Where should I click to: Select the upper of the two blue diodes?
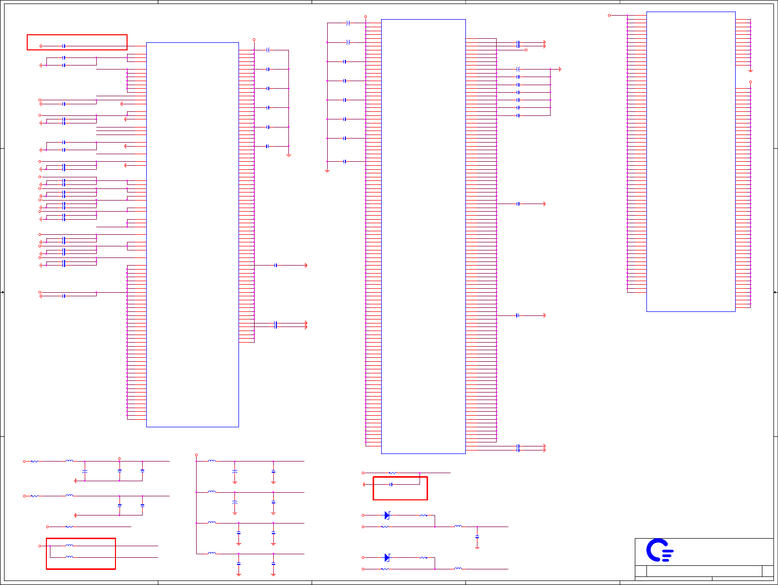point(387,515)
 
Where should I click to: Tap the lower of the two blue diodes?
point(387,557)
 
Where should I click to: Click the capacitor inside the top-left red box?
point(64,46)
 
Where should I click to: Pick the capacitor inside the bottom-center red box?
point(391,485)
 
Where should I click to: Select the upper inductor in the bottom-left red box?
point(69,546)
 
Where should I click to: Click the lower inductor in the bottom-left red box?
point(69,557)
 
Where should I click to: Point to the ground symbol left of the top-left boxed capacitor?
point(41,46)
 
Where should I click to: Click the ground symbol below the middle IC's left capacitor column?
point(327,171)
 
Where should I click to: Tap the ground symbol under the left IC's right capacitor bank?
point(288,155)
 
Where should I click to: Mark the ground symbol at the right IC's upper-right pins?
point(750,71)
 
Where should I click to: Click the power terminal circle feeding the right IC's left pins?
point(609,16)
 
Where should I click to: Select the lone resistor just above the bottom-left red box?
point(69,527)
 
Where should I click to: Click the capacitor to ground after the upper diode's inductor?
point(477,537)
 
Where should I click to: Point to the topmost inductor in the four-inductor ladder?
point(212,461)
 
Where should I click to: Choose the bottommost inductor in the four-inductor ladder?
point(212,553)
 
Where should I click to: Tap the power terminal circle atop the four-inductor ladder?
point(196,455)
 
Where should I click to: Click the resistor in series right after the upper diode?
point(424,515)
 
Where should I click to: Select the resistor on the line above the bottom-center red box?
point(393,473)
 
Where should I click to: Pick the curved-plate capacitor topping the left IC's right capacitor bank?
point(268,50)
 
